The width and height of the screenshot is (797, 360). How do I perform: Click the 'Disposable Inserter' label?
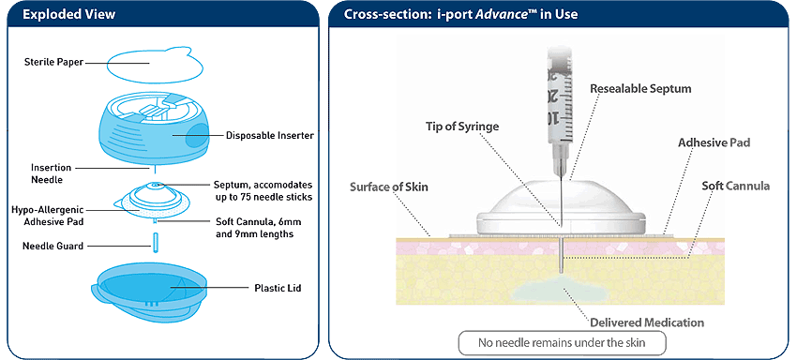click(269, 135)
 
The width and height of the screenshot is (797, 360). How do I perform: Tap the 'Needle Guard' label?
click(53, 247)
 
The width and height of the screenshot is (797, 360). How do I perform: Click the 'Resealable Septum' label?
click(639, 88)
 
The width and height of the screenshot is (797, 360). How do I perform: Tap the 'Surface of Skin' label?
click(388, 187)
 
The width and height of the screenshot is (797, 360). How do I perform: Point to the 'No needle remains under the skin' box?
click(562, 344)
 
